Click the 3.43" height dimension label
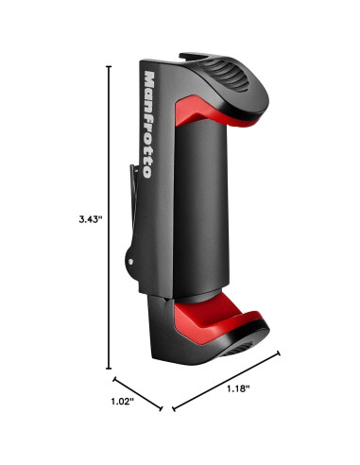click(91, 219)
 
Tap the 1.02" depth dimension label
click(123, 402)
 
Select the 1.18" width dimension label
click(238, 388)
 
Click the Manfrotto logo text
click(148, 125)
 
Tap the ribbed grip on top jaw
click(225, 74)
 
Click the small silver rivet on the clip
click(130, 261)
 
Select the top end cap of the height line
click(109, 66)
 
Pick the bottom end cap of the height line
click(109, 368)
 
